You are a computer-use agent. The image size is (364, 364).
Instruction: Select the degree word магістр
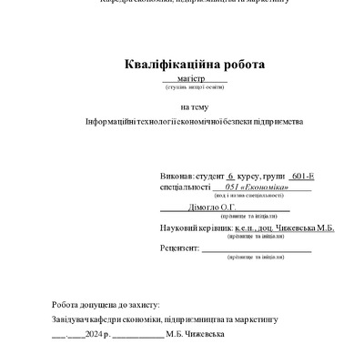click(193, 79)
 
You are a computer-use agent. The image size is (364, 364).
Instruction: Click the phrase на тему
click(193, 106)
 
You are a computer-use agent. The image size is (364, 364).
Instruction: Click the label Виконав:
click(176, 172)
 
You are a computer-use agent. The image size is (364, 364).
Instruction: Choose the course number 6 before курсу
click(230, 172)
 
